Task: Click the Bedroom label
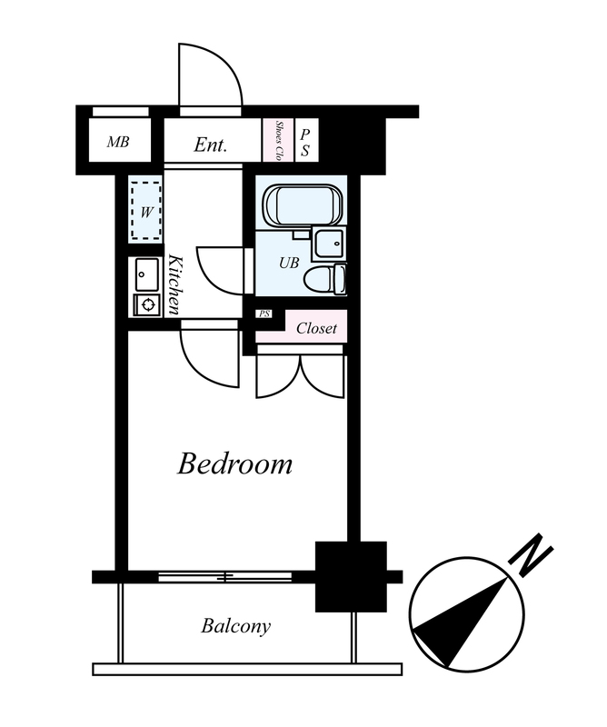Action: (x=234, y=463)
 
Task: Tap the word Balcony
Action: (x=235, y=626)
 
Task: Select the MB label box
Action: (x=119, y=141)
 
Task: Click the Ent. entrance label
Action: (x=211, y=144)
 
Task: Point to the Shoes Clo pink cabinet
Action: (x=278, y=140)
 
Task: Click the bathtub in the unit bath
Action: (x=303, y=204)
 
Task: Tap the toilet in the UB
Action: (x=325, y=278)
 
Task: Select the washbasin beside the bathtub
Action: (x=329, y=244)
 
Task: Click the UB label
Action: (x=289, y=264)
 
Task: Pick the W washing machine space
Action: (x=146, y=210)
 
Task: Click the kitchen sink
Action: (x=146, y=274)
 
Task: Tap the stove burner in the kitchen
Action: (x=148, y=304)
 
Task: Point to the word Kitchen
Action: (x=174, y=284)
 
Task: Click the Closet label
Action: (x=317, y=328)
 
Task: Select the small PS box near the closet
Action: (x=264, y=314)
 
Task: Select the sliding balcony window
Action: (x=225, y=577)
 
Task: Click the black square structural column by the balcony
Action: (x=351, y=576)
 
